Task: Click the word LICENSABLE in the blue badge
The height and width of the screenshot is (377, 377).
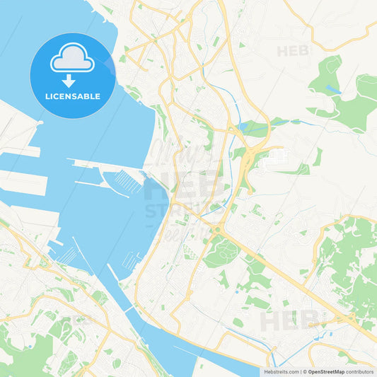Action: coord(73,95)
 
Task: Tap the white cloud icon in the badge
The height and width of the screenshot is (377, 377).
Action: coord(72,58)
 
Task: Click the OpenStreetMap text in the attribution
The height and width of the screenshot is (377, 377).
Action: coord(326,371)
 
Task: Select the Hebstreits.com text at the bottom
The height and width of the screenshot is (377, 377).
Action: coord(281,371)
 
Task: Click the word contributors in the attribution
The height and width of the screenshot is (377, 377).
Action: coord(360,371)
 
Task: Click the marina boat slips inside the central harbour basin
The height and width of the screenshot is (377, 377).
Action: coord(123,182)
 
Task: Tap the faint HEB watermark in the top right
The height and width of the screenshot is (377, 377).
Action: coord(293,51)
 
